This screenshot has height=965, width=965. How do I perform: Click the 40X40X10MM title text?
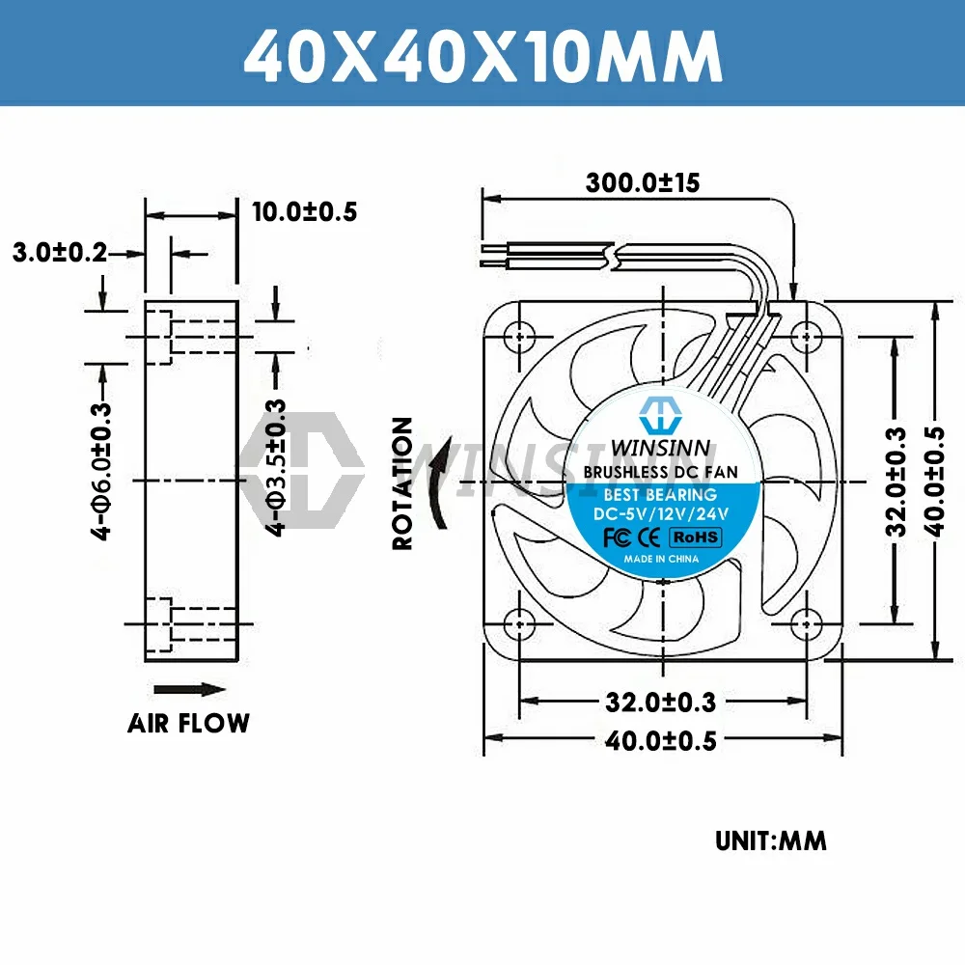(482, 56)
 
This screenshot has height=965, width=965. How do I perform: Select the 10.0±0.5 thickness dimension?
(305, 212)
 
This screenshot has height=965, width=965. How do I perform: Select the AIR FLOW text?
(188, 723)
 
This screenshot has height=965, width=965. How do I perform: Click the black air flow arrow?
(190, 689)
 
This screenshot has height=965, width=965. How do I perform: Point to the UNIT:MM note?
(770, 841)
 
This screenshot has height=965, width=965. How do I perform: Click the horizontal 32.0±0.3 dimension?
(663, 702)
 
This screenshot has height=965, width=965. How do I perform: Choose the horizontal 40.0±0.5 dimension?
(663, 740)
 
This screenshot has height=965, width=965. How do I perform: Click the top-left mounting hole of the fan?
(521, 335)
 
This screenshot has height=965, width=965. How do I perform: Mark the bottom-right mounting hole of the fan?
(807, 622)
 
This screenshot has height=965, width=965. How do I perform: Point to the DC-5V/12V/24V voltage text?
(661, 514)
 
